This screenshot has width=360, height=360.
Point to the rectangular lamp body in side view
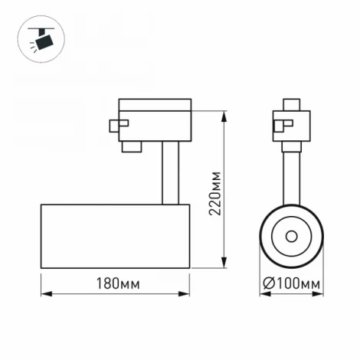pyautogui.click(x=115, y=236)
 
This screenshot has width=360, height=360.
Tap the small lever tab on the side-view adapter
pyautogui.click(x=116, y=125)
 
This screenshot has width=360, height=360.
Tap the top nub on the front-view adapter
pyautogui.click(x=291, y=104)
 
